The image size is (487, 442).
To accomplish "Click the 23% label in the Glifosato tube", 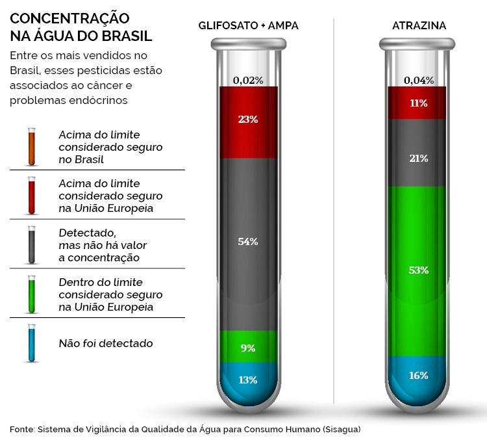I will coord(248,120).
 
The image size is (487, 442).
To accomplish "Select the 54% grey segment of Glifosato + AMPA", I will coord(248,242).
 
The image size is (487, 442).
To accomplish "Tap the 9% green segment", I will coord(248,348).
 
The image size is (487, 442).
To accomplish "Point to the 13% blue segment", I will coord(248,380).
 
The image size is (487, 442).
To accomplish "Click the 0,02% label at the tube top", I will coord(248,81).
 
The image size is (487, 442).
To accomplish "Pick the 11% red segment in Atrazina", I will coord(418,103).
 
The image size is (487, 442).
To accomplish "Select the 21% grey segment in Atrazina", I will coord(418,159).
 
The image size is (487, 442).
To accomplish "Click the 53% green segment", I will coord(418,270).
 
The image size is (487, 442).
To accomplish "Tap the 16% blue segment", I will coord(418,376).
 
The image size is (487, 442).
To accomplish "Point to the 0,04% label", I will coord(418,81).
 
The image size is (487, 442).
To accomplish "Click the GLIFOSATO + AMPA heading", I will coord(249,26).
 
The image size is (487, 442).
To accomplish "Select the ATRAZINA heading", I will coord(419,26).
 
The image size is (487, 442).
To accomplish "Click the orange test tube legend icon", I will coord(31,146).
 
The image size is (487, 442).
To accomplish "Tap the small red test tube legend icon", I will coord(31,195).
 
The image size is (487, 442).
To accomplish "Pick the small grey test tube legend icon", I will coord(31,244).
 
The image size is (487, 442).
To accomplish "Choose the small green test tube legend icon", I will coord(31,294).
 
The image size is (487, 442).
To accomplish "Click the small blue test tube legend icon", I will coord(31,343).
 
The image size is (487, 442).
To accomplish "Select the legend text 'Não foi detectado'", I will coord(106,343).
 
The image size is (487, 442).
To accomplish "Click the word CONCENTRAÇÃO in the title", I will coord(69,18).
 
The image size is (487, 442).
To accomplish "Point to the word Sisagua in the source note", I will coord(340,429).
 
